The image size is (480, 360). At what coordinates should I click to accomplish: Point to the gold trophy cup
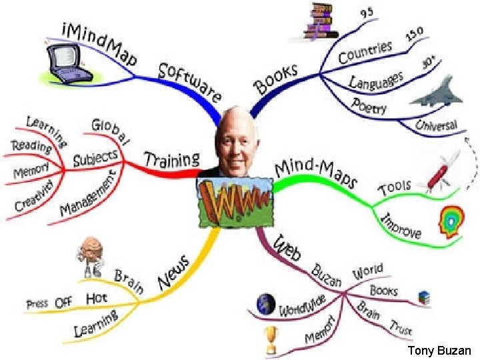click(271, 340)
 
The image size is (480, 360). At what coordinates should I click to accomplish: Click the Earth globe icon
click(265, 304)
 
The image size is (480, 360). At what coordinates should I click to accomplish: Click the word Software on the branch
click(191, 81)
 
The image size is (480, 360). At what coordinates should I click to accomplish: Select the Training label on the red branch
click(173, 160)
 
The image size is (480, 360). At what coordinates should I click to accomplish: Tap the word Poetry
click(369, 107)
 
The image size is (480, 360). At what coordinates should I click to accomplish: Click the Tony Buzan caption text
click(439, 351)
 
